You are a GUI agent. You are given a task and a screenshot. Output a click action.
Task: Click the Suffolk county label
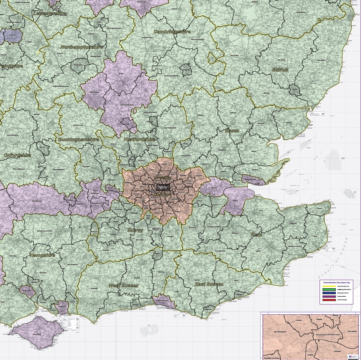click(281, 70)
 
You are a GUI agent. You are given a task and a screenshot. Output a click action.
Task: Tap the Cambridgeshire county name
click(173, 32)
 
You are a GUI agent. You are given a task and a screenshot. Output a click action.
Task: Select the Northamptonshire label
click(81, 47)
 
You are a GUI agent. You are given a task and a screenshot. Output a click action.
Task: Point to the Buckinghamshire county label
click(78, 140)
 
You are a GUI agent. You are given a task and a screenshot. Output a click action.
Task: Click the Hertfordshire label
click(139, 140)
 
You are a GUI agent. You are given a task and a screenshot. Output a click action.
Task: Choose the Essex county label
click(232, 130)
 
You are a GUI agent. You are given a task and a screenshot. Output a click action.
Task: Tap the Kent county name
click(257, 234)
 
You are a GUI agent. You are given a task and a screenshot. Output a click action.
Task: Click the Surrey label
click(135, 230)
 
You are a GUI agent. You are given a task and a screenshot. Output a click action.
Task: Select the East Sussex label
click(209, 284)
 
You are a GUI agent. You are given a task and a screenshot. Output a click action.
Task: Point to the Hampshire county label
click(42, 255)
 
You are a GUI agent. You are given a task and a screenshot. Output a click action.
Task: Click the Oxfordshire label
click(17, 155)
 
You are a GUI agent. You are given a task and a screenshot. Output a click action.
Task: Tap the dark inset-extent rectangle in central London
click(162, 187)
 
